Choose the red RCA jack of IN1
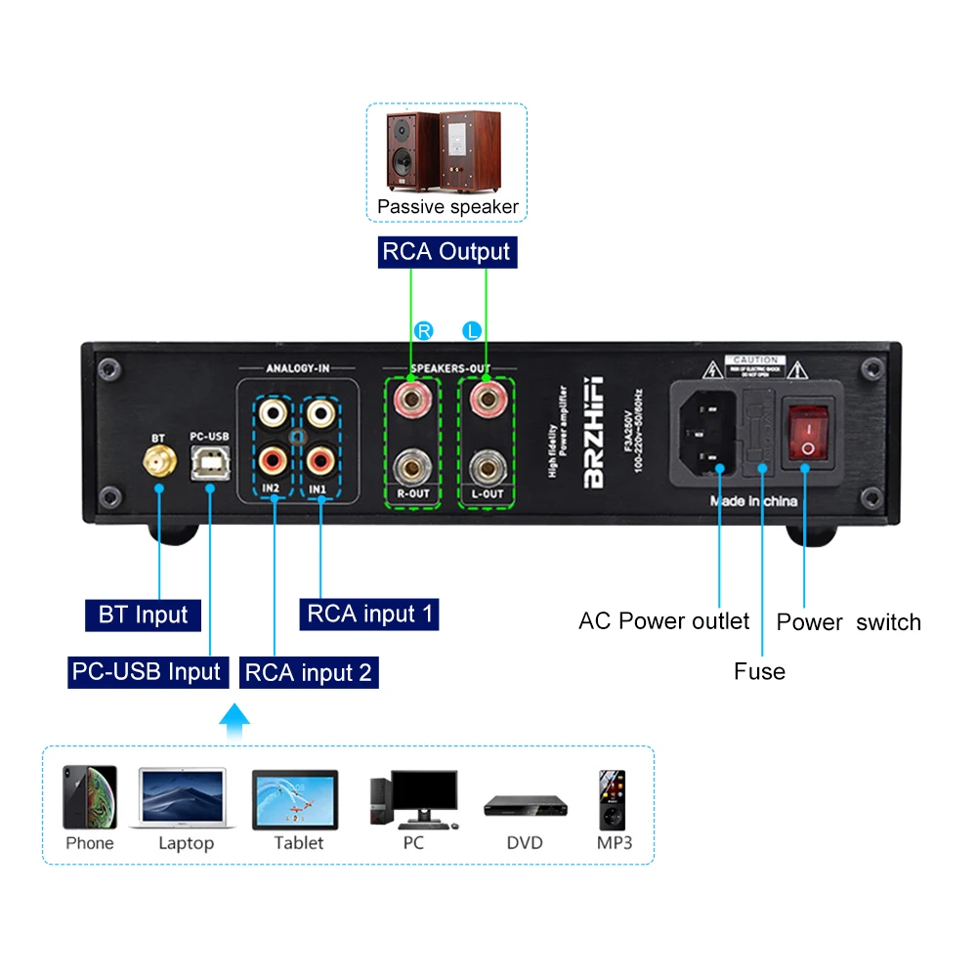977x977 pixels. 319,457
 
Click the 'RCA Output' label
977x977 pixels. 446,252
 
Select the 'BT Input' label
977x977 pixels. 143,616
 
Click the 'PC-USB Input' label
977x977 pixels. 146,672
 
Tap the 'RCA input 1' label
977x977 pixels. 369,615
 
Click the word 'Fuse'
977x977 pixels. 759,671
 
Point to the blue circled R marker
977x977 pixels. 423,331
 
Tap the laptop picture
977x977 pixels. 184,798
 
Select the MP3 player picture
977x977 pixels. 613,798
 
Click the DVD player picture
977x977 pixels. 525,806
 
